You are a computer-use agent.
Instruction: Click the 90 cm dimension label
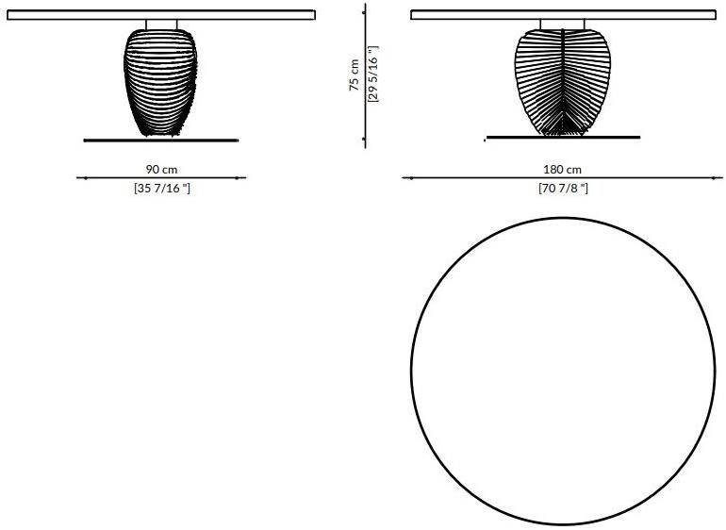pyautogui.click(x=161, y=170)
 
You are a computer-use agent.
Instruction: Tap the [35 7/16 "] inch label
pyautogui.click(x=162, y=189)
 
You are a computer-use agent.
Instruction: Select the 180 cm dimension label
pyautogui.click(x=563, y=170)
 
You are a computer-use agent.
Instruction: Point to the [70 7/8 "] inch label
pyautogui.click(x=564, y=189)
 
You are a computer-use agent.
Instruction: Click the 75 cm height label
pyautogui.click(x=355, y=75)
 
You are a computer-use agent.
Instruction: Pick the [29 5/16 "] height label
pyautogui.click(x=373, y=74)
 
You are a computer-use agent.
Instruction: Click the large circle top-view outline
pyautogui.click(x=411, y=371)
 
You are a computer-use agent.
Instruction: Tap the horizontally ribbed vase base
pyautogui.click(x=160, y=82)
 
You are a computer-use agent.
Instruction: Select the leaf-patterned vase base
pyautogui.click(x=563, y=82)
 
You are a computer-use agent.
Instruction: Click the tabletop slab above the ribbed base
pyautogui.click(x=161, y=15)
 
